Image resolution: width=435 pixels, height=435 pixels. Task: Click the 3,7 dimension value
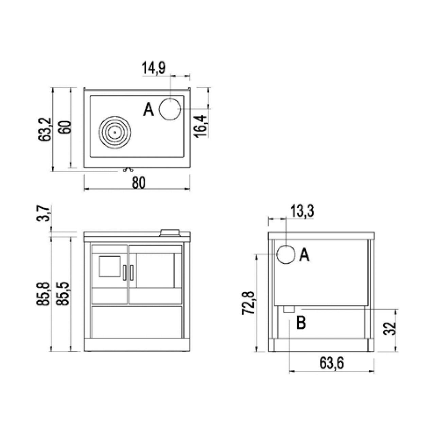tap(43, 214)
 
